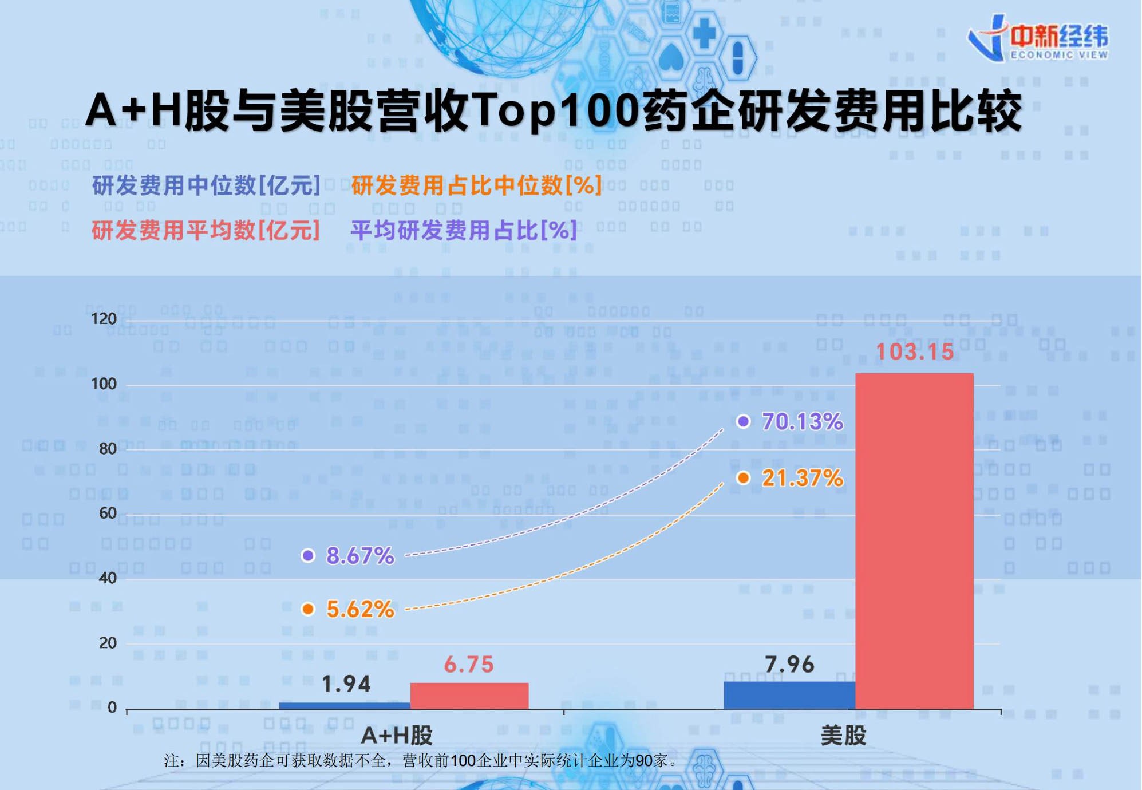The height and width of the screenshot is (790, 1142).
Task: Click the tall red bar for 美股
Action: click(914, 541)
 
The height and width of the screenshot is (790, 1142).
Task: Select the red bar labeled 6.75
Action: click(469, 696)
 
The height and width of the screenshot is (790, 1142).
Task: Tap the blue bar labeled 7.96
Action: click(789, 695)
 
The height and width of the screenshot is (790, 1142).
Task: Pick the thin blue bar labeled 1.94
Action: click(345, 705)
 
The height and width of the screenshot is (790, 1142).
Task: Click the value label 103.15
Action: click(914, 351)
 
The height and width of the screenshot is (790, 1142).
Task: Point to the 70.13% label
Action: click(802, 422)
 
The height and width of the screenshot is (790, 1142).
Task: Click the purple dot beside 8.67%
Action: click(308, 555)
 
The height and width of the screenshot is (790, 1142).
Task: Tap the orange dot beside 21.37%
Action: click(743, 478)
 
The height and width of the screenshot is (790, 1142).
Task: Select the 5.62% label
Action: click(360, 609)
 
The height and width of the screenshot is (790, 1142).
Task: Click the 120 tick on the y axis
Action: click(104, 319)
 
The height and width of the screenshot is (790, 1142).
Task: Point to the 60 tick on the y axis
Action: click(108, 513)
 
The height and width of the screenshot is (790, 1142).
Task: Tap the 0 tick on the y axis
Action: click(112, 708)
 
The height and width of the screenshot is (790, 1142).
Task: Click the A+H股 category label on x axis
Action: click(397, 736)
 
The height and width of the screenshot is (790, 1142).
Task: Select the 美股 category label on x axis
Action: click(843, 736)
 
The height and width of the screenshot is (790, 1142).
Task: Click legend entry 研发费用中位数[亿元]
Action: click(206, 185)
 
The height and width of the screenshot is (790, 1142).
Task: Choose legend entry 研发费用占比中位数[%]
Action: click(476, 185)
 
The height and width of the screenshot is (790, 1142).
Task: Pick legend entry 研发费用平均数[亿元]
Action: click(206, 230)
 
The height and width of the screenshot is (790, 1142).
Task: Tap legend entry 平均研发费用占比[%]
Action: click(464, 230)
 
